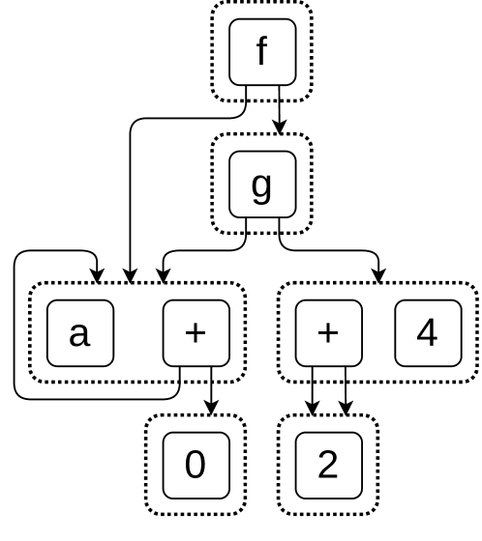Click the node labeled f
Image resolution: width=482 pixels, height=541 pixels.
pyautogui.click(x=261, y=51)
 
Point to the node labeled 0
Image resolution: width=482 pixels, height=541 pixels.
pyautogui.click(x=196, y=465)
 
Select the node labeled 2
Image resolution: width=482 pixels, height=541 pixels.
pyautogui.click(x=328, y=465)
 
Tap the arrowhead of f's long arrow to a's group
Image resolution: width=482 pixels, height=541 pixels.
pyautogui.click(x=130, y=275)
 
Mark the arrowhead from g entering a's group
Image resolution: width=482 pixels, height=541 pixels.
pyautogui.click(x=164, y=275)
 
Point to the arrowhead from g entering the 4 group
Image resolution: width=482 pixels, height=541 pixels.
pyautogui.click(x=378, y=275)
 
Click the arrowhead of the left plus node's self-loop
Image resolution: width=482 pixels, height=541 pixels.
pyautogui.click(x=97, y=275)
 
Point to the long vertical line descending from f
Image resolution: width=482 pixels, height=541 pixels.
pyautogui.click(x=130, y=193)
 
